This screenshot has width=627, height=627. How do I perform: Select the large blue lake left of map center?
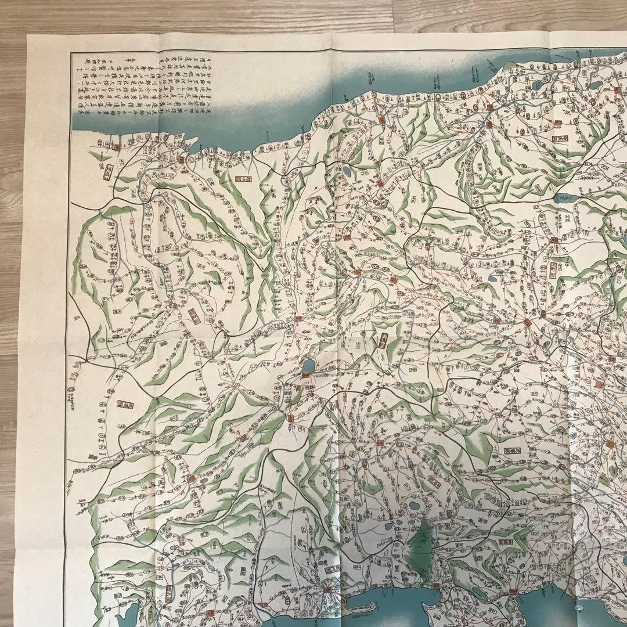[308, 366]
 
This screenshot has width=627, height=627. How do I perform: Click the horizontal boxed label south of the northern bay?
[243, 178]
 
